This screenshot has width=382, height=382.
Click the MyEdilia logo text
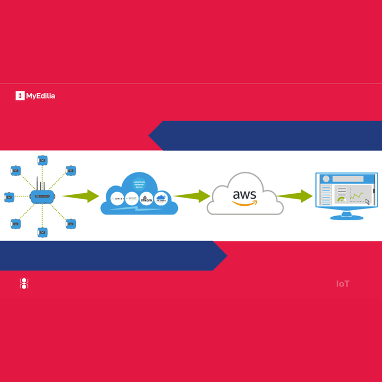40,96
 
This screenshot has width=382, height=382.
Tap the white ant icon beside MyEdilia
20,96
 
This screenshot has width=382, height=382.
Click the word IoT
343,284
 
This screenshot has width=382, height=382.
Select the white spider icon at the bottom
24,283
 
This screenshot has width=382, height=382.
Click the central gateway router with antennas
42,195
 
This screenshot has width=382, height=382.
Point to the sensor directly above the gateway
42,160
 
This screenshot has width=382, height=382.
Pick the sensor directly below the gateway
42,232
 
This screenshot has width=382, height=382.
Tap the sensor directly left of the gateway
9,197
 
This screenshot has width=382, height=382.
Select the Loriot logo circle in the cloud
117,199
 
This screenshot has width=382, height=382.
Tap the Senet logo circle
132,199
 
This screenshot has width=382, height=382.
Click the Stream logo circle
146,199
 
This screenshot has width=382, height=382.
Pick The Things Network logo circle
160,199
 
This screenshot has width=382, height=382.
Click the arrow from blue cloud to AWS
192,196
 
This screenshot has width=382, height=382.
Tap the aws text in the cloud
244,194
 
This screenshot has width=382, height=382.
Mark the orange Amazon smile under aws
244,204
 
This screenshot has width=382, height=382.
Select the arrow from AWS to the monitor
295,196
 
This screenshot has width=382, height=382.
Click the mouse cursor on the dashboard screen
367,202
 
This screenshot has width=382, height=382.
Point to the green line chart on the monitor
357,195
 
